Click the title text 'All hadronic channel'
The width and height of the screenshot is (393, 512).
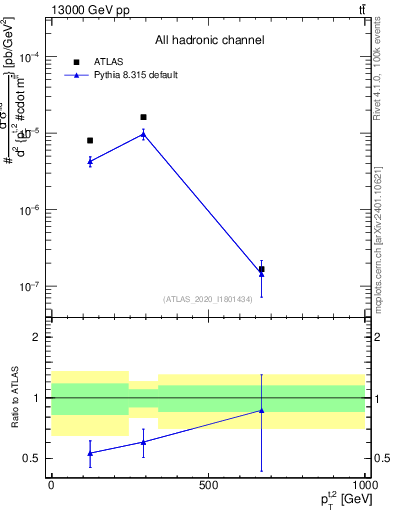(208, 41)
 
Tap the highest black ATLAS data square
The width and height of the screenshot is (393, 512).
(143, 117)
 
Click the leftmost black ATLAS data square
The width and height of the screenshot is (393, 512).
(90, 140)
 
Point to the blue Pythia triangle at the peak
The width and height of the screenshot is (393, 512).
(143, 133)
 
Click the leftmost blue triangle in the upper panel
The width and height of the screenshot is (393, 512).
(90, 160)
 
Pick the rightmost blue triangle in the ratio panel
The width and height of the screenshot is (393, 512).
(261, 410)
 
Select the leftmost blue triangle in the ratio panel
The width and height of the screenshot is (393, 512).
(90, 453)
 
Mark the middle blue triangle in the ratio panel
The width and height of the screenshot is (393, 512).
(143, 441)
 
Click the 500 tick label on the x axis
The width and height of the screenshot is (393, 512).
(207, 485)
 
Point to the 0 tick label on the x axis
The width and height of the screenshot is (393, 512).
(51, 485)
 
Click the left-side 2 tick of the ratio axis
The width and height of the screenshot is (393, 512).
(38, 337)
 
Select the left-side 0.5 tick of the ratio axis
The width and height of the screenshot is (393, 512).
(34, 459)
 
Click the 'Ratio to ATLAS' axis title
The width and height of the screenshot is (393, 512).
(13, 397)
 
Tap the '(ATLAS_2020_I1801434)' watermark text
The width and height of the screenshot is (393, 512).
(209, 298)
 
